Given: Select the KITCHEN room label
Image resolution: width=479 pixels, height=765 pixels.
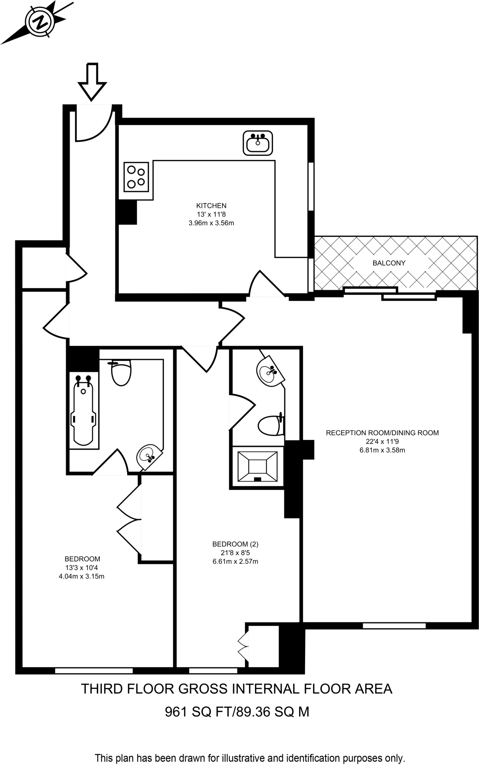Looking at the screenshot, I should coord(211,205).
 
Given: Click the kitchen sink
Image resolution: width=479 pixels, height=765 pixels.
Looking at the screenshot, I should coord(258,143).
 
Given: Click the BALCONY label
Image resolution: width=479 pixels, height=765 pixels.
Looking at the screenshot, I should coord(389,263).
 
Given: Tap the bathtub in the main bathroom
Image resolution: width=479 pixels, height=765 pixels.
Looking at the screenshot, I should coord(83,410).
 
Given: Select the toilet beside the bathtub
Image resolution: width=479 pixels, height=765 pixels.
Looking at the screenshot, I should coord(121,372).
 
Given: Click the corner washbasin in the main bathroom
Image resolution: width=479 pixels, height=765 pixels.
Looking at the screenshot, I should coord(150,457).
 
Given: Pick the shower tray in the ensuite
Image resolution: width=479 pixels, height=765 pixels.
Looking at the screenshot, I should coord(257,467).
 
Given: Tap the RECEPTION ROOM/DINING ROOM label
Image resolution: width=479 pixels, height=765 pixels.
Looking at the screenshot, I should coord(382,433).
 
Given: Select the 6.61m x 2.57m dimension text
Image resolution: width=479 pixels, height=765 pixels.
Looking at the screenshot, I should coord(235,561).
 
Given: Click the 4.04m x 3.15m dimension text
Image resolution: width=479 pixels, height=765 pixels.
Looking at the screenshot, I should coord(82,576).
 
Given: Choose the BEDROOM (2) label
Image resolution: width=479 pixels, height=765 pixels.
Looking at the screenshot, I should coord(235,544).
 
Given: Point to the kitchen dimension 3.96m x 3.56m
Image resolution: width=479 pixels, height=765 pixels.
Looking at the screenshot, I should coord(211,223).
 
